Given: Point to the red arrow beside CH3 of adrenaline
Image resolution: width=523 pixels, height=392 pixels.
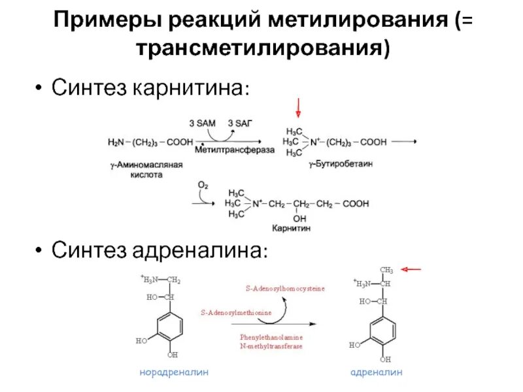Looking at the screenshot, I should (x=412, y=269).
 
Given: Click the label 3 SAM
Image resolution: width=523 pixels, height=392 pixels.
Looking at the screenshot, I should (x=200, y=123).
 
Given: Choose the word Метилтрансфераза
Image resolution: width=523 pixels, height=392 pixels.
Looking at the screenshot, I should (x=235, y=150).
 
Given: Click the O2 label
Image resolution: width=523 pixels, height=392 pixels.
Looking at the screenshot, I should (x=203, y=186).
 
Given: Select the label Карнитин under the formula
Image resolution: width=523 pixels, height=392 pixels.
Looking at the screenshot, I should (x=292, y=229).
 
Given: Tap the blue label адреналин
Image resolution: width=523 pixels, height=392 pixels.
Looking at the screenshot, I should (x=377, y=372).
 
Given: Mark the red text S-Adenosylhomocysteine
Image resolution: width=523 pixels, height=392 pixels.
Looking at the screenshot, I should (x=285, y=287).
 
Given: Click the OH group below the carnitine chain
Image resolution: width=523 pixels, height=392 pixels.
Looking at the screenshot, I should (x=300, y=218).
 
